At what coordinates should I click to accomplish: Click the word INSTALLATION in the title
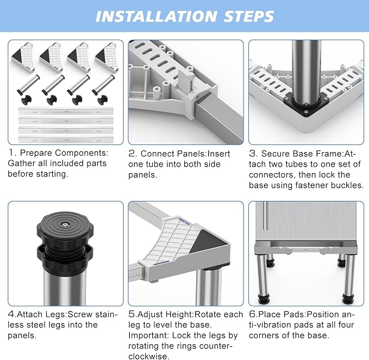coord(156,16)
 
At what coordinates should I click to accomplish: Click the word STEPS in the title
coord(249,16)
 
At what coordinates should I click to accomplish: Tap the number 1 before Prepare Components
coord(11,153)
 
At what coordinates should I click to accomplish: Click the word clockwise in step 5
coord(149,356)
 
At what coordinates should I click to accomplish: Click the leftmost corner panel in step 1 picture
coord(23,57)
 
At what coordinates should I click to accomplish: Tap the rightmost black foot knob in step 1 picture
coord(102,100)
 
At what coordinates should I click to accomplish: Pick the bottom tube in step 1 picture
coord(66,140)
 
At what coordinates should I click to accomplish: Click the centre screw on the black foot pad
coord(65,225)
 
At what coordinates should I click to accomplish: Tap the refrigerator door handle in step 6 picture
coord(266,216)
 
